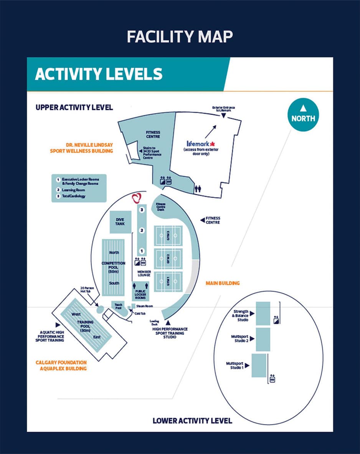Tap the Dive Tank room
[120, 222]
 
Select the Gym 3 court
[168, 236]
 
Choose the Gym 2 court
[168, 259]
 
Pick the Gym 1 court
[168, 283]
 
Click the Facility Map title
[180, 37]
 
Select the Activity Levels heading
[99, 74]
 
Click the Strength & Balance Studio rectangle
[263, 313]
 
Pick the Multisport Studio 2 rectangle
[263, 339]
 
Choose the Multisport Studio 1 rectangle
[259, 365]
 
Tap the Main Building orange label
[223, 283]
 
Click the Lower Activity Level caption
[192, 421]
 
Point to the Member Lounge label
[144, 273]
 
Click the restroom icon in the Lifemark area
[198, 189]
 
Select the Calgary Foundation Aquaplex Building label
[61, 365]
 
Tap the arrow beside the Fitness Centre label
[202, 220]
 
